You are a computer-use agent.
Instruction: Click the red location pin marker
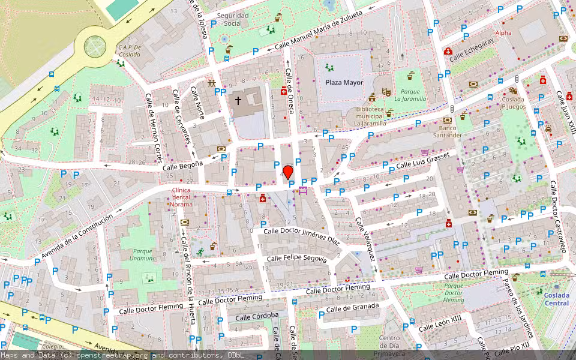(x=288, y=172)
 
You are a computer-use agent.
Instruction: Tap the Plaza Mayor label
(x=344, y=82)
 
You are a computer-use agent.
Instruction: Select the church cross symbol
(x=238, y=100)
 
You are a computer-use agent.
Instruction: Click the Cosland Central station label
(x=556, y=299)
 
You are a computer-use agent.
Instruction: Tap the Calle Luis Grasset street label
(x=422, y=160)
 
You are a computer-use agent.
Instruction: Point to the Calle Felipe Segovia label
(x=296, y=259)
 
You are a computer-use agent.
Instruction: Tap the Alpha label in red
(x=503, y=33)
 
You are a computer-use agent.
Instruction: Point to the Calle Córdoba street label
(x=257, y=316)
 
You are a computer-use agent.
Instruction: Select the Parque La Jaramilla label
(x=410, y=95)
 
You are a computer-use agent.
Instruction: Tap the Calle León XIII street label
(x=440, y=324)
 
